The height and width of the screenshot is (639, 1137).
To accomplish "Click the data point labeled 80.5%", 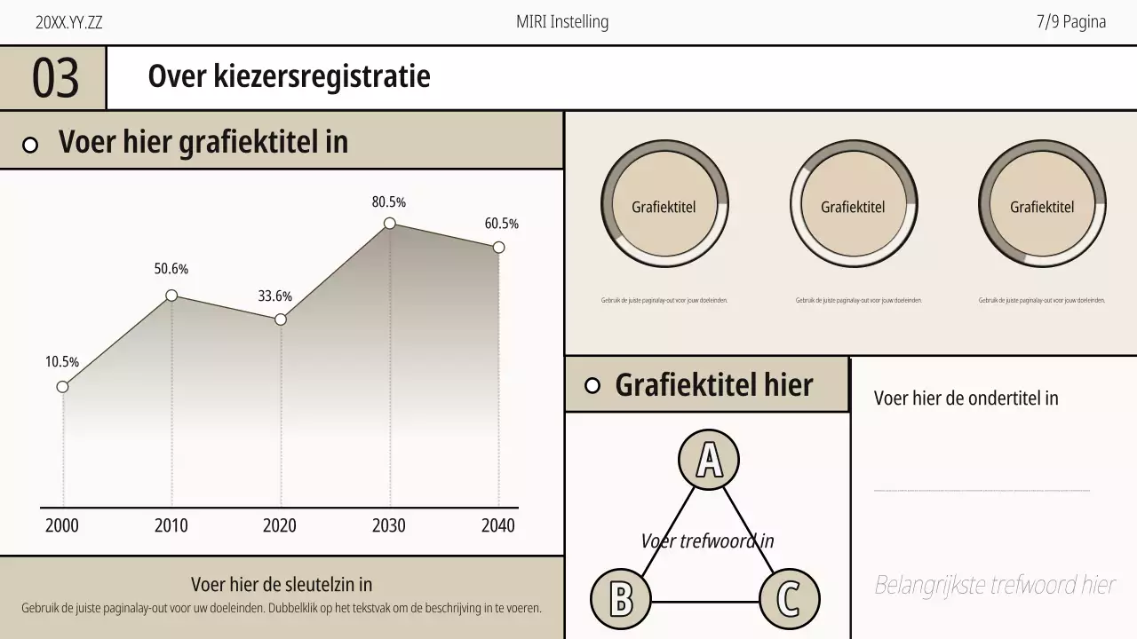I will click(389, 224).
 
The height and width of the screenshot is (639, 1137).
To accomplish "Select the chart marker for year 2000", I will click(62, 386).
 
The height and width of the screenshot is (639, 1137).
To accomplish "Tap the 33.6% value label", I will click(275, 296).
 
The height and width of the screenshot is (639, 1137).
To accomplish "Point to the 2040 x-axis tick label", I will click(497, 525).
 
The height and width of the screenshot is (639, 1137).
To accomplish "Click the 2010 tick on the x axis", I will click(171, 525).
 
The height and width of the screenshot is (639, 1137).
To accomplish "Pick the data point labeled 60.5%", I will click(498, 248).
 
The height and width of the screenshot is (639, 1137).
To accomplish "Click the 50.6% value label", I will click(171, 269).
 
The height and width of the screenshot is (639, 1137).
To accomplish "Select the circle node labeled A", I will click(709, 460).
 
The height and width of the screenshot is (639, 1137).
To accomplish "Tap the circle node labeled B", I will click(621, 599).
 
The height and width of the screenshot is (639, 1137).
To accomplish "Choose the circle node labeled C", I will click(788, 599).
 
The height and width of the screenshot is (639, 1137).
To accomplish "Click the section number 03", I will click(55, 78).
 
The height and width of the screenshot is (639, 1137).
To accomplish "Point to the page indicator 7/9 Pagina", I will click(1071, 22).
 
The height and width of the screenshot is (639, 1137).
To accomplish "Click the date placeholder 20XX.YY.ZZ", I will click(69, 23).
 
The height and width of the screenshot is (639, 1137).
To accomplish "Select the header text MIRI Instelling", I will click(562, 22).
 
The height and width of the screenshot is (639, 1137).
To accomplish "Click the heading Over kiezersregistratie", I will click(289, 76).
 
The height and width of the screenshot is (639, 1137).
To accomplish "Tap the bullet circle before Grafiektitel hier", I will click(593, 385).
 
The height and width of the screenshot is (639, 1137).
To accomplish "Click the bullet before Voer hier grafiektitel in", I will click(30, 145).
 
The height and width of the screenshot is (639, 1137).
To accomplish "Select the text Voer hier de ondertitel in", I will click(966, 398).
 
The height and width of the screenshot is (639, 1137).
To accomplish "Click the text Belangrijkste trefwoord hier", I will click(995, 585).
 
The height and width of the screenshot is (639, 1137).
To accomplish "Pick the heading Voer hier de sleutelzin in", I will click(282, 584).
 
